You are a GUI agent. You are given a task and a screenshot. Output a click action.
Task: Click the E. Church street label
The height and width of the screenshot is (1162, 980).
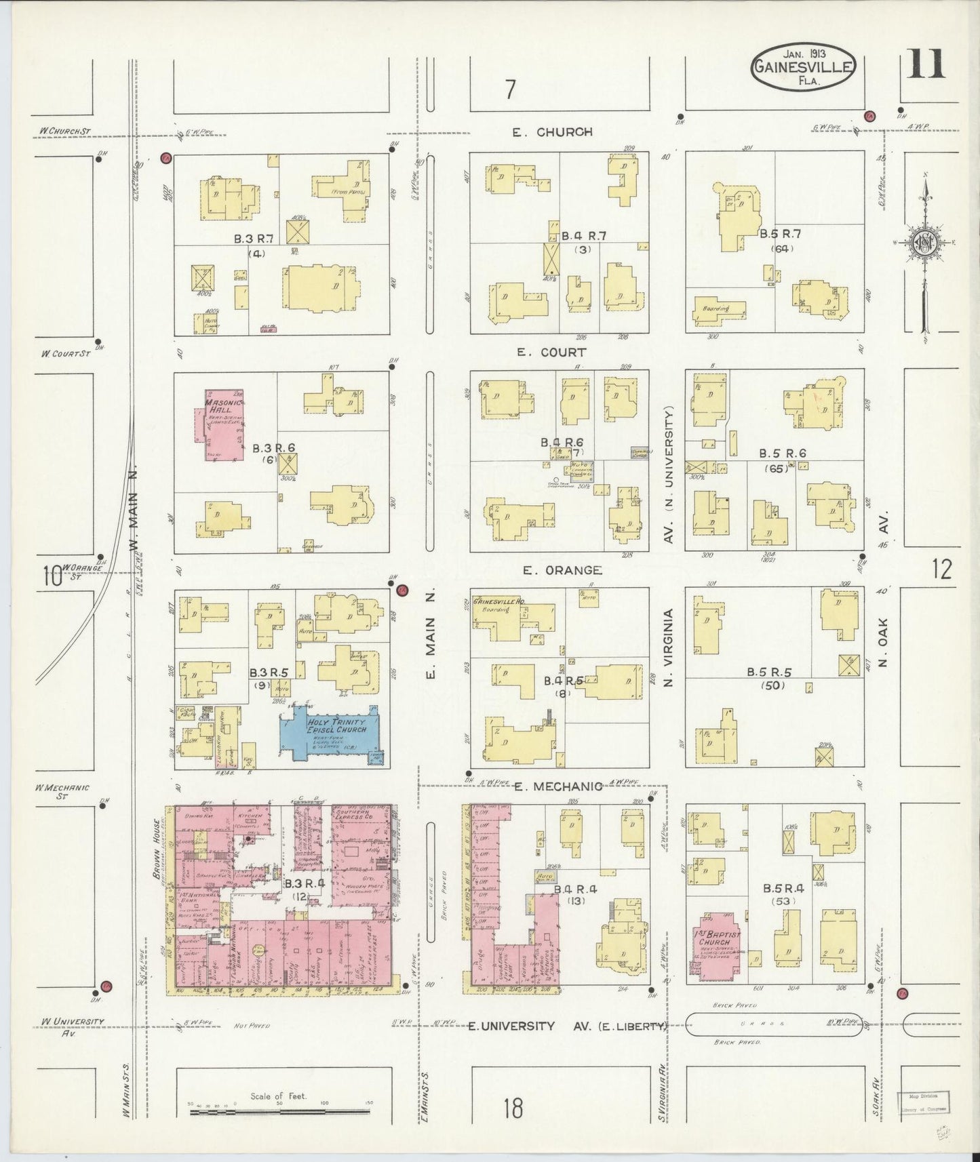pos(552,132)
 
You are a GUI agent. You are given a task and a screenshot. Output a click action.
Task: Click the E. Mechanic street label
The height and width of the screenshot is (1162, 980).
pos(558,786)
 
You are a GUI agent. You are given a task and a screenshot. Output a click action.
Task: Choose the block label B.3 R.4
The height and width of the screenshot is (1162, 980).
pos(297,884)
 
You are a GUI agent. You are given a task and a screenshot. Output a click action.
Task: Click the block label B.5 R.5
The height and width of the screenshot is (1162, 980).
pos(769,673)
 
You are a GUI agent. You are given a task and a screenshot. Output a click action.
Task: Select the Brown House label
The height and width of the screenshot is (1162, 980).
pos(157,840)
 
